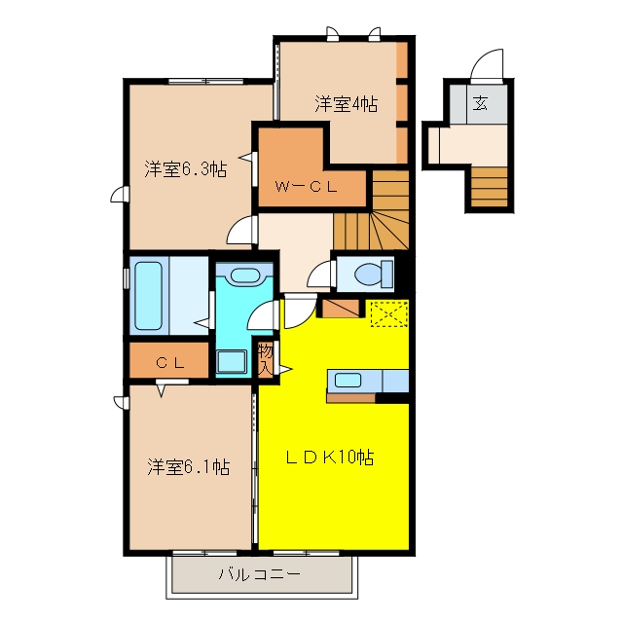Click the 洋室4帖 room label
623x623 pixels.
coord(347,104)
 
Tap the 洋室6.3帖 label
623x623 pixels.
coord(186,169)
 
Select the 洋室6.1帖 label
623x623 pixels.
coord(188,467)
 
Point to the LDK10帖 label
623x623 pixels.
coord(329,458)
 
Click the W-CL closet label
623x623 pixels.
coord(306,186)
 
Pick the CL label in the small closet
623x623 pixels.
coord(169,362)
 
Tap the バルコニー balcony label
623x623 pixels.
coord(260,574)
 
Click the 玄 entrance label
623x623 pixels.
coord(480,104)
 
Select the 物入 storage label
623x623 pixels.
coord(266,359)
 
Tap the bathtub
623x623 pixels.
coord(149,295)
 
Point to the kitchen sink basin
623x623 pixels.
coord(348,381)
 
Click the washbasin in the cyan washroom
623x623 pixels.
coord(244,275)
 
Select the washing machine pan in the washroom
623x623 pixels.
coord(232,362)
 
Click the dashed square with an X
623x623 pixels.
coord(389,313)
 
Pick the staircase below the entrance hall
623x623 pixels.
coord(489,186)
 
